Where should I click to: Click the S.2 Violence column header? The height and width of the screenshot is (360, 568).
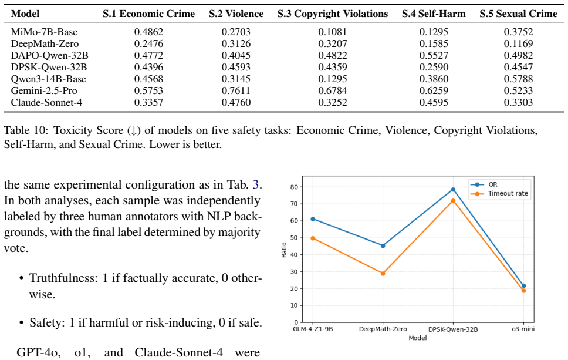236,14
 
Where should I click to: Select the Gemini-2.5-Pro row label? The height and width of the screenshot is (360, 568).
44,90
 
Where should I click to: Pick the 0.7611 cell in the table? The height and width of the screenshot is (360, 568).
236,90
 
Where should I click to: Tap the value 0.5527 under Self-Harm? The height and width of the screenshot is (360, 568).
434,55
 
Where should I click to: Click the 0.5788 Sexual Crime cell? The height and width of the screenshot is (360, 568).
518,79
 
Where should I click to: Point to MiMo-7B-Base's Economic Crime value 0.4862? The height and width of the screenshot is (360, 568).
148,32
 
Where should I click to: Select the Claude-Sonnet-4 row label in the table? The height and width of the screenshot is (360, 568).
46,103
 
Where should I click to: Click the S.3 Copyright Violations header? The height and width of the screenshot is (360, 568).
333,14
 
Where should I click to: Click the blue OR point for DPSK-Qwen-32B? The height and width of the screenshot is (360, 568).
453,190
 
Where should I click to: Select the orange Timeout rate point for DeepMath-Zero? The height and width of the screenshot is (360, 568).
383,273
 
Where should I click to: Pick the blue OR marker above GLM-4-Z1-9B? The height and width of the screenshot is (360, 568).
313,219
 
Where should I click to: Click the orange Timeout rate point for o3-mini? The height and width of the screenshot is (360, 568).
523,291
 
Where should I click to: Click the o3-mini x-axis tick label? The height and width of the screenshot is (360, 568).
523,329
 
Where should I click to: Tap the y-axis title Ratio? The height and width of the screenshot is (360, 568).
284,250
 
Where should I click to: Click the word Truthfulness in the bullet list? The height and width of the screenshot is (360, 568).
63,278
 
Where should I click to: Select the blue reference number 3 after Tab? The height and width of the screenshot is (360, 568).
256,184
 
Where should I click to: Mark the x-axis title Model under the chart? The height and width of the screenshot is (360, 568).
418,338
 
